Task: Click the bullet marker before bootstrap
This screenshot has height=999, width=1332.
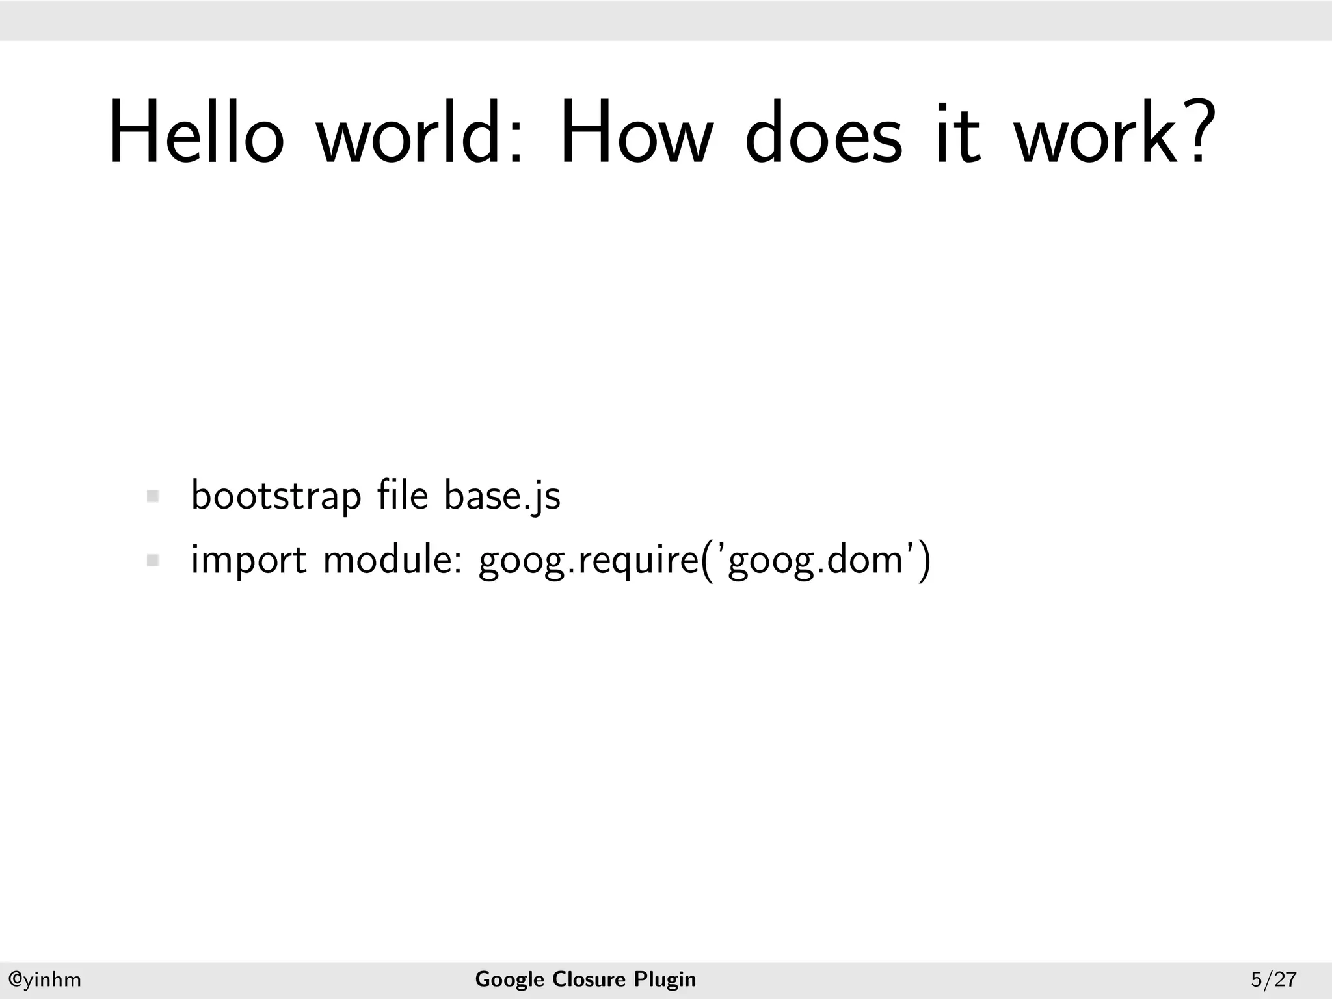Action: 153,497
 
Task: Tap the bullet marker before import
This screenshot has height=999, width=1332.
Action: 153,560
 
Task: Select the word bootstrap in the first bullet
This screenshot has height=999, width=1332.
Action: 276,497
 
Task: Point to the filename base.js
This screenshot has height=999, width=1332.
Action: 502,497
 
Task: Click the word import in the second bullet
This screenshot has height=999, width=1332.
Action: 248,561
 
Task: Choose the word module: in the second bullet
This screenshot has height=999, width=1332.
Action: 392,559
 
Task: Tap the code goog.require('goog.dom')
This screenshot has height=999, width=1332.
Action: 705,561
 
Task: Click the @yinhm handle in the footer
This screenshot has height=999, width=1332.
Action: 44,979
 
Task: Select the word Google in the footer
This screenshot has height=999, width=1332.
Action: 509,979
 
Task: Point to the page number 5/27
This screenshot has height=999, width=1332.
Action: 1273,979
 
